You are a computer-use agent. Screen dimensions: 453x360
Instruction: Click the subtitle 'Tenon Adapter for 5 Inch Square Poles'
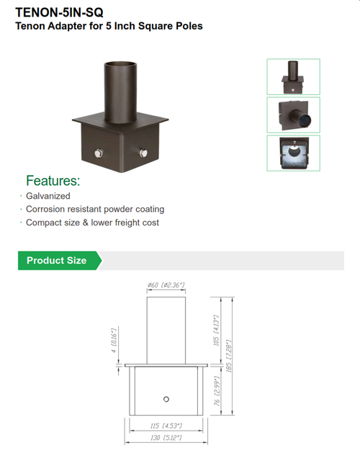pos(109,26)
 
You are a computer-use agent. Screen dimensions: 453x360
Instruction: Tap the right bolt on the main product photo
pos(144,153)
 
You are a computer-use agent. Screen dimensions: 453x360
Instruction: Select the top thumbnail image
pos(294,76)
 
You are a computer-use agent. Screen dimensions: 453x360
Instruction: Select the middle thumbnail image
pos(294,114)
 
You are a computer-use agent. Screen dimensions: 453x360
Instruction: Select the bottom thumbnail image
pos(294,153)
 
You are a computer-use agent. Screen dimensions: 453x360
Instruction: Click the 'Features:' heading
pos(53,181)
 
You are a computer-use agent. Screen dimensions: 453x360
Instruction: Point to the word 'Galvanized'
pos(48,196)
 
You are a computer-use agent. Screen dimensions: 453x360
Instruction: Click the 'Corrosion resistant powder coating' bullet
pos(95,209)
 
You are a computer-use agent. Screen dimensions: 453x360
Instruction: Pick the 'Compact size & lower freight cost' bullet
pos(92,223)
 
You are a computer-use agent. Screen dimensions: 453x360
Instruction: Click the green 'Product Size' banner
pos(58,260)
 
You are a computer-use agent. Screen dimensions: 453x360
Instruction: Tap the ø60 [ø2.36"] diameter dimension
pos(166,286)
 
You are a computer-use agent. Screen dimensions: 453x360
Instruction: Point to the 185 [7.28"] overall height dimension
pos(230,354)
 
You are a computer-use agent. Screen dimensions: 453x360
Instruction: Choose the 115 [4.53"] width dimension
pos(166,426)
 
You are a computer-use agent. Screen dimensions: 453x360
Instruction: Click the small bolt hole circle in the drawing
pos(166,399)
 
